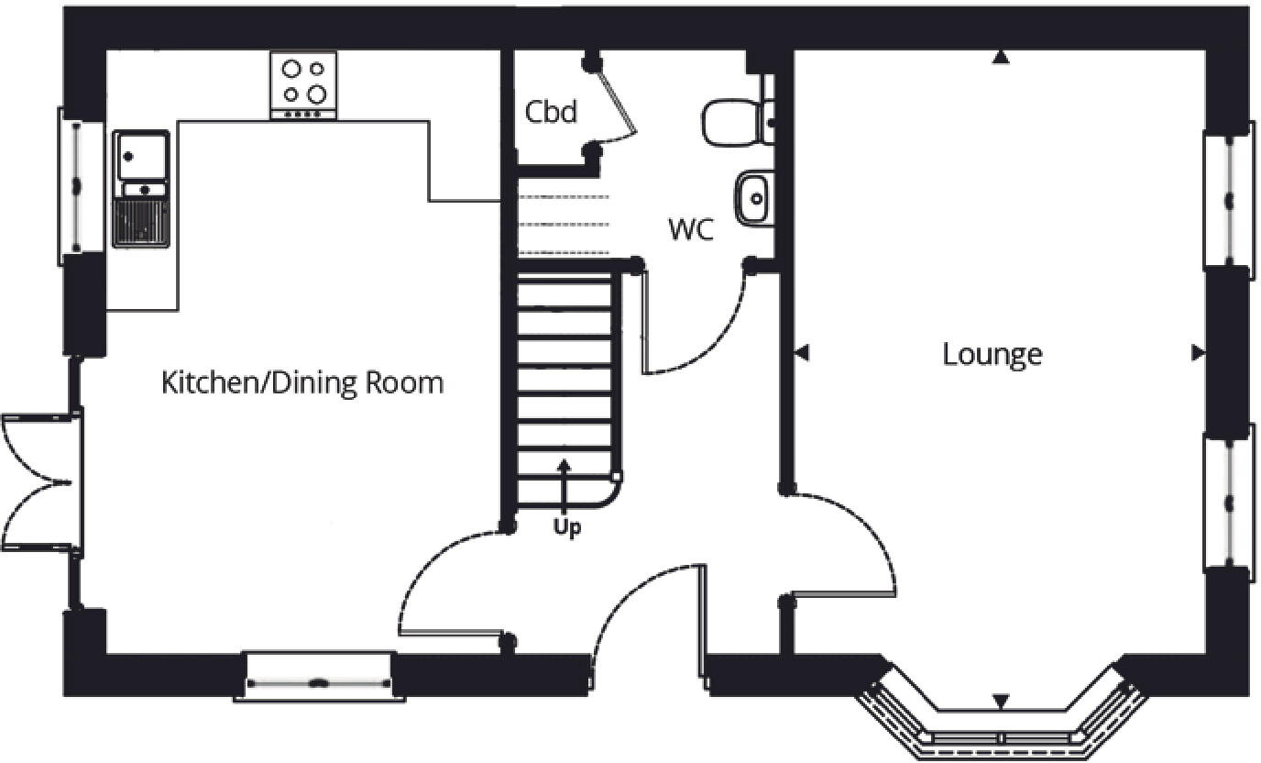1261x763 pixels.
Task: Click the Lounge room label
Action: coord(992,354)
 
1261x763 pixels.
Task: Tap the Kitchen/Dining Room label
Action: coord(302,382)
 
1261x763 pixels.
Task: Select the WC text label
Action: coord(690,229)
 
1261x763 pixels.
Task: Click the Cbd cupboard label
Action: coord(551,112)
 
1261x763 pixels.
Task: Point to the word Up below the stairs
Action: coord(566,528)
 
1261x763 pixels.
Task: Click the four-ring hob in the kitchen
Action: coord(303,82)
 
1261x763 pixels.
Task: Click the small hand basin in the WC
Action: coord(752,197)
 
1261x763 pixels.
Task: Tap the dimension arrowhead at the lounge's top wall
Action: coord(1001,58)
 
